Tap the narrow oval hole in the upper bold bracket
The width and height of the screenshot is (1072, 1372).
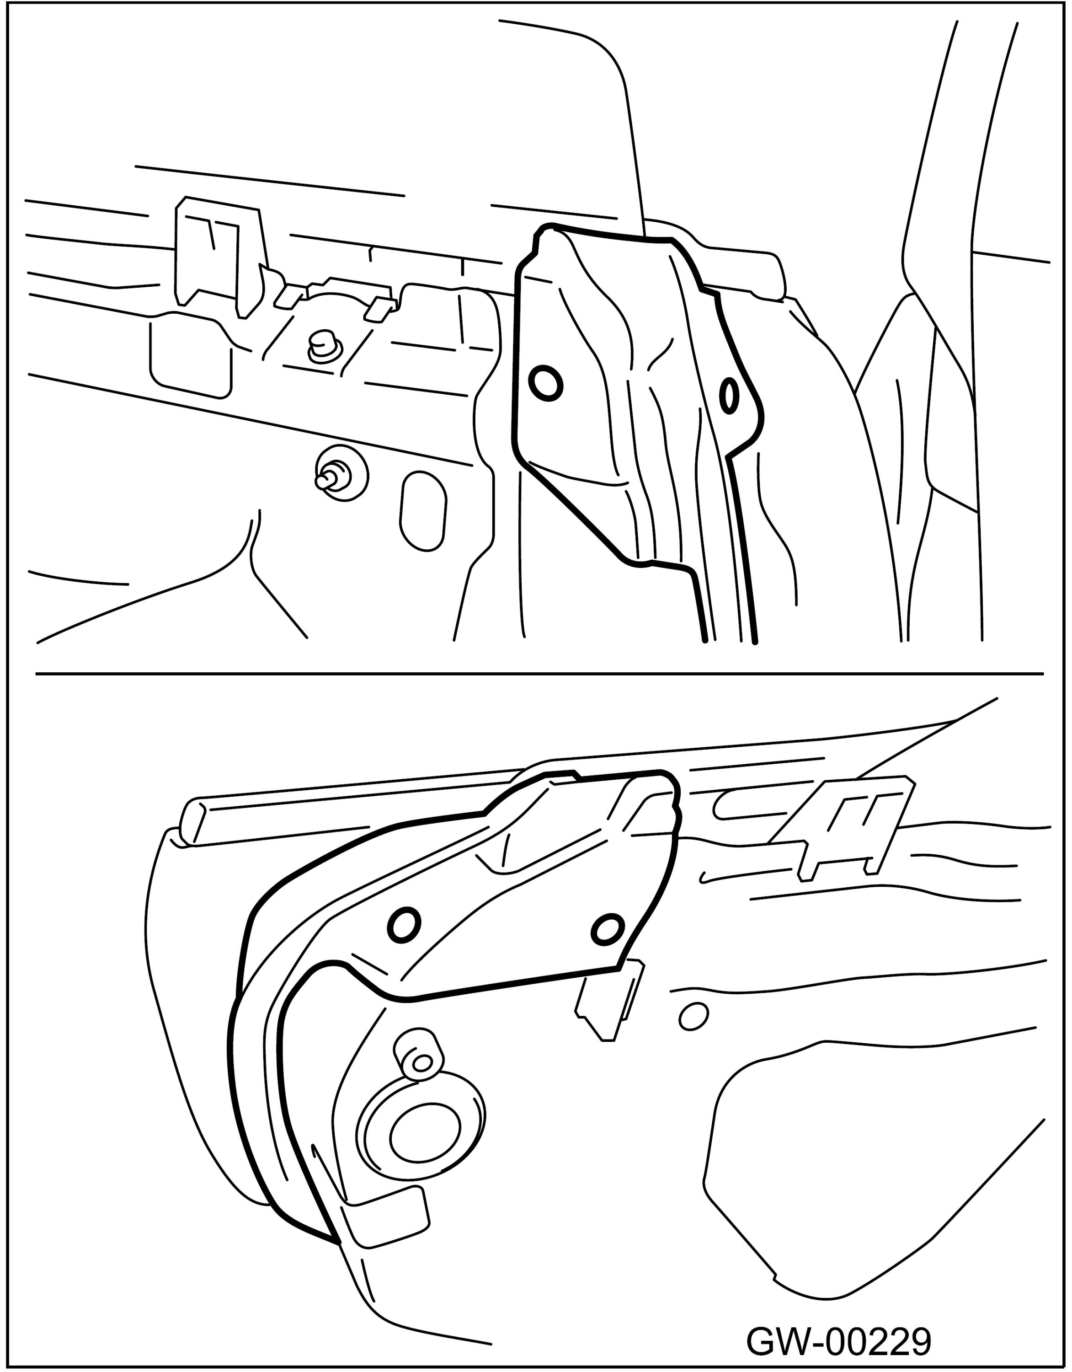point(729,395)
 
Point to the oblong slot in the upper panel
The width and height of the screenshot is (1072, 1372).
point(423,512)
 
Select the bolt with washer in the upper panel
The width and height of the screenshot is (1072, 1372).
point(341,473)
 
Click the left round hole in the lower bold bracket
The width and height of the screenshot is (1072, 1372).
point(404,925)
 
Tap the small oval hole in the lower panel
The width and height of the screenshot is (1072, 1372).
point(693,1017)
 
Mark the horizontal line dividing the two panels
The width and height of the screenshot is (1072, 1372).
point(539,674)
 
